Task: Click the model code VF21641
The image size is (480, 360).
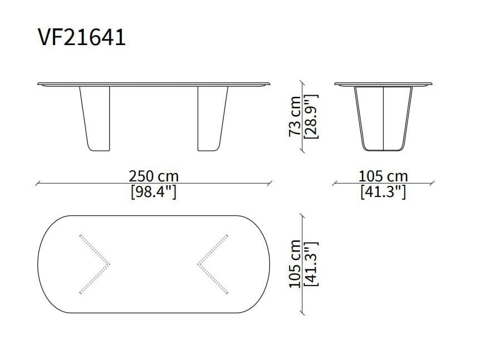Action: pos(82,37)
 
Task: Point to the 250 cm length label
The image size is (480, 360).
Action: pos(154,176)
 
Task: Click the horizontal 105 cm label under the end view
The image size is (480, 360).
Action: pos(383,176)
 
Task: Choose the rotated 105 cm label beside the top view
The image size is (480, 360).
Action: pos(296,264)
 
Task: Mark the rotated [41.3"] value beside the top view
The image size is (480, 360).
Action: pos(311,264)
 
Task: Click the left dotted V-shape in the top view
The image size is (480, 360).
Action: pos(94,264)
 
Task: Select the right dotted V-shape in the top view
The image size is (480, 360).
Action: pos(213,264)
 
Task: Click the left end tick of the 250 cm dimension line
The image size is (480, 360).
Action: pos(37,183)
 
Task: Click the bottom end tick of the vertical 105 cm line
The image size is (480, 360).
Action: pos(303,313)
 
